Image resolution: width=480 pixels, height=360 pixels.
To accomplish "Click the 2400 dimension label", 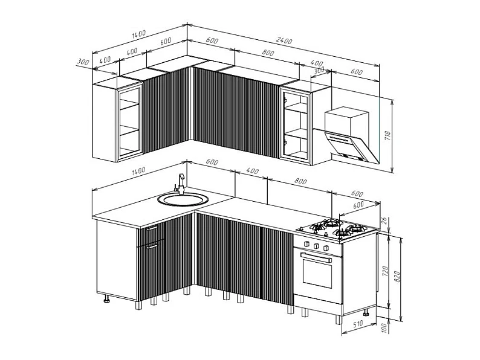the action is [284, 40].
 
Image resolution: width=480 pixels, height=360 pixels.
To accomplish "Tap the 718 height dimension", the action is [388, 135].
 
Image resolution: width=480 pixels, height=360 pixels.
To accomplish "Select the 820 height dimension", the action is [397, 277].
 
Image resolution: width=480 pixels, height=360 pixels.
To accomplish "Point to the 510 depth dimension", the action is [357, 324].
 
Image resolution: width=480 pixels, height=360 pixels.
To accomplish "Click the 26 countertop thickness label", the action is [386, 220].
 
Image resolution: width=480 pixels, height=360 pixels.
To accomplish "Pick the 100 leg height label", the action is [384, 328].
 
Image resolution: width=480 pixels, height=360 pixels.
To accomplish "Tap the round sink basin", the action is [183, 199].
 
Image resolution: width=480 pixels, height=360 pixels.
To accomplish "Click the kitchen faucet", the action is [180, 184].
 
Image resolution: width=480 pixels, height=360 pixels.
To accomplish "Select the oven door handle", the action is [316, 257].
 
